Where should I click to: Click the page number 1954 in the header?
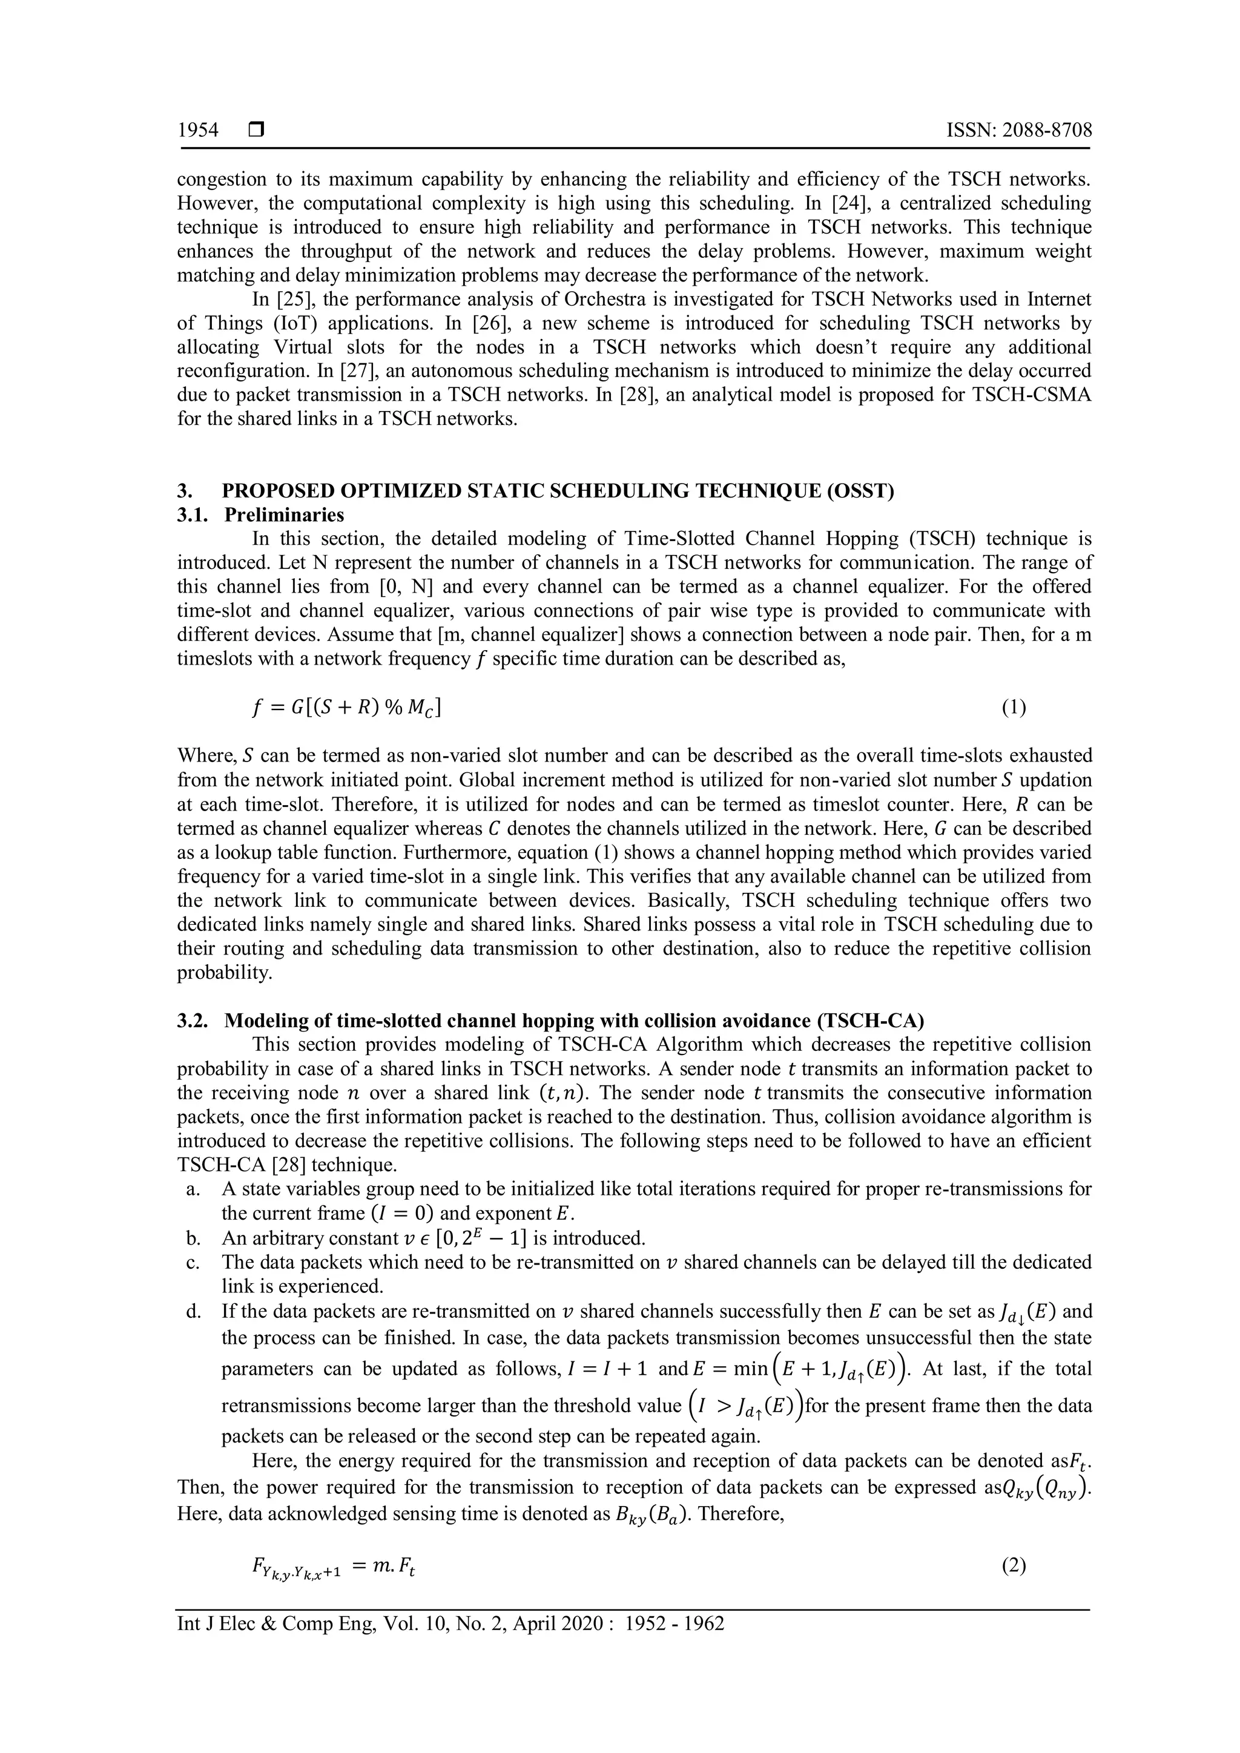tap(198, 131)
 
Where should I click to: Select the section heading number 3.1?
tap(193, 515)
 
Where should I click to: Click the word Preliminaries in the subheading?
tap(284, 515)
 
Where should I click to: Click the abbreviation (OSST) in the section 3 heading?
tap(859, 490)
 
